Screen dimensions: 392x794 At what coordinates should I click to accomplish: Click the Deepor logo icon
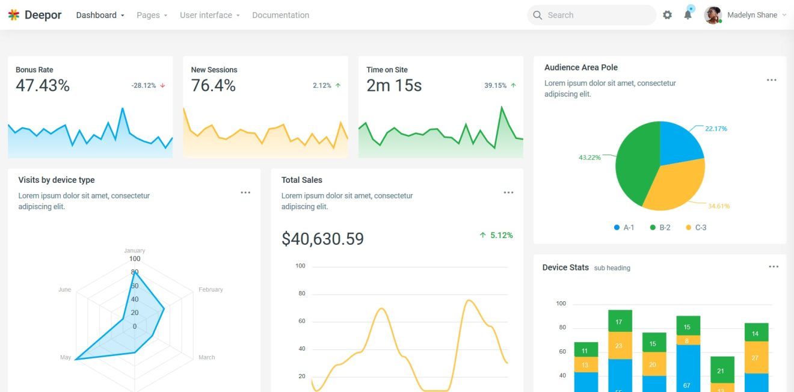(x=14, y=15)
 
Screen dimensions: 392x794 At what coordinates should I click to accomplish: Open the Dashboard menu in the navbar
(x=100, y=15)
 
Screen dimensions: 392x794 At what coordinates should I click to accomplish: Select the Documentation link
(x=280, y=15)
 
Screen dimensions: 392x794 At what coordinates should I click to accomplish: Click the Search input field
(x=595, y=15)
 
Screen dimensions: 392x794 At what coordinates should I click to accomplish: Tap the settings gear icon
(x=667, y=15)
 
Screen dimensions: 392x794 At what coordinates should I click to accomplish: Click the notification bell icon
(x=688, y=15)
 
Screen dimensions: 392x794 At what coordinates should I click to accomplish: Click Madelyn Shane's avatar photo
(x=713, y=15)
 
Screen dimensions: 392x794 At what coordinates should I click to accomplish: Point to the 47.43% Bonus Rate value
(x=43, y=86)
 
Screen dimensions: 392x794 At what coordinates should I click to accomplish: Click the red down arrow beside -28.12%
(x=162, y=86)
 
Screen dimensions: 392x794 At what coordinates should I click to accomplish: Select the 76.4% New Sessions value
(x=213, y=86)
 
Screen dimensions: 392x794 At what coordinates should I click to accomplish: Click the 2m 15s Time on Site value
(x=394, y=86)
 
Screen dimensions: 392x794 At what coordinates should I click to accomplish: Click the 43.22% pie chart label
(x=589, y=158)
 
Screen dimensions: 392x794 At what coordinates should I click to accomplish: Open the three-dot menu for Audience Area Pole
(x=771, y=81)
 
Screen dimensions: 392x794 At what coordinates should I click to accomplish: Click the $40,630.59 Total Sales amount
(x=322, y=239)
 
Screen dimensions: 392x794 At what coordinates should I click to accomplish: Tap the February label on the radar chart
(x=211, y=290)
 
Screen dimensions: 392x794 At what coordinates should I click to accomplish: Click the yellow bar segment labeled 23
(x=619, y=346)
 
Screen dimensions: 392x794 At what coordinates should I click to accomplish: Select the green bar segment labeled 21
(x=721, y=370)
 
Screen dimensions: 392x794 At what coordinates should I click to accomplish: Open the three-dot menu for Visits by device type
(x=245, y=192)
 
